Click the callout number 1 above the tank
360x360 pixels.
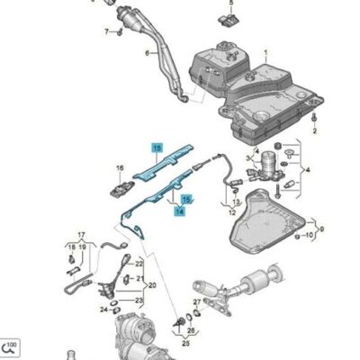point(265,55)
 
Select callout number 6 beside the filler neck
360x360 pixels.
point(148,54)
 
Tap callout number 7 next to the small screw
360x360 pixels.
point(105,31)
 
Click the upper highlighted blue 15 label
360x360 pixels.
point(157,147)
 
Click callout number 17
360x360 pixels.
point(81,233)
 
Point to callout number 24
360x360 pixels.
point(104,309)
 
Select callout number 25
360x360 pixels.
point(190,331)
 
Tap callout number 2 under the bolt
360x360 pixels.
point(315,131)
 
